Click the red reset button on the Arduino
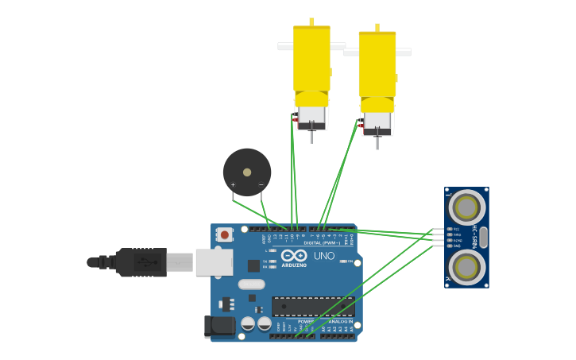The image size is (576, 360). (x=225, y=234)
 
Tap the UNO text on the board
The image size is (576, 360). (x=324, y=256)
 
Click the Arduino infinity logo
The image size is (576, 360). (x=293, y=255)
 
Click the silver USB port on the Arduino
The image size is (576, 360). (x=214, y=261)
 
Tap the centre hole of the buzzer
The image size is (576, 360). (x=247, y=172)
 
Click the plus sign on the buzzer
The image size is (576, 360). (x=233, y=185)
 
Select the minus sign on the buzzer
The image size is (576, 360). (x=261, y=185)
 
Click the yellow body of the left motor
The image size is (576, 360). (x=311, y=60)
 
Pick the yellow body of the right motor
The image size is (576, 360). (x=377, y=65)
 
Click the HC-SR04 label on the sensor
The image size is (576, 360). (x=475, y=238)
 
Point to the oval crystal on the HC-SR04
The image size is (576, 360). (x=483, y=238)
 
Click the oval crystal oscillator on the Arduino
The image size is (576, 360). (x=251, y=284)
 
